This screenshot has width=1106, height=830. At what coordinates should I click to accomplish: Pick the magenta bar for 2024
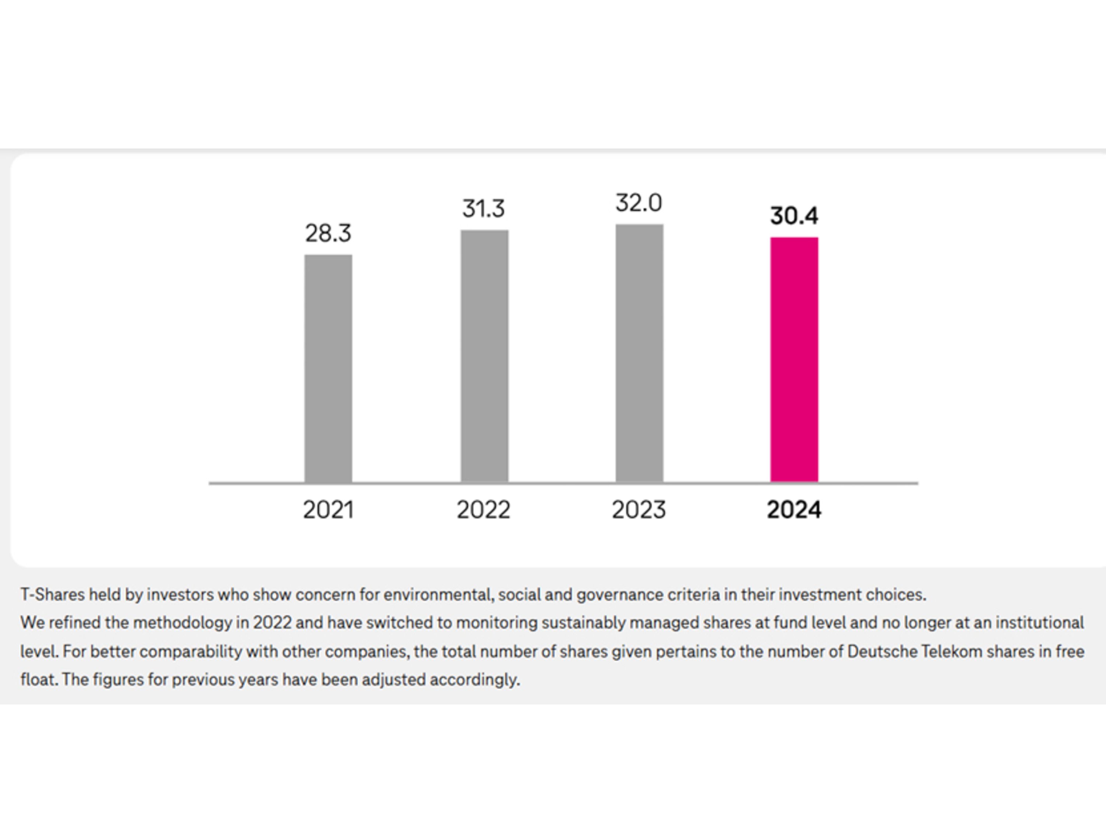click(x=794, y=359)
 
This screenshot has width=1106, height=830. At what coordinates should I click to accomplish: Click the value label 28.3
click(x=328, y=233)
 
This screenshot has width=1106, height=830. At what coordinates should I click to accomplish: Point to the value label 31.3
click(x=483, y=208)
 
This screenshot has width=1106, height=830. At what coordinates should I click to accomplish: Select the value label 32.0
click(x=639, y=203)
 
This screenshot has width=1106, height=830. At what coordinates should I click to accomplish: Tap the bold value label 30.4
click(x=794, y=216)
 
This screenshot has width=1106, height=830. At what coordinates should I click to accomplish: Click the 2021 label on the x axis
click(x=328, y=510)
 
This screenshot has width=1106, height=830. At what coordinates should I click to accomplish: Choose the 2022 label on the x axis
click(x=483, y=510)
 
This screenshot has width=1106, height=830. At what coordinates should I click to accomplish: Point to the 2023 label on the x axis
click(x=639, y=510)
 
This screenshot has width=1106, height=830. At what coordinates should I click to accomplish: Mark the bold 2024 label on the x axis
click(x=794, y=510)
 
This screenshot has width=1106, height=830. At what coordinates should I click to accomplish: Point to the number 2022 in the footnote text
click(x=272, y=623)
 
